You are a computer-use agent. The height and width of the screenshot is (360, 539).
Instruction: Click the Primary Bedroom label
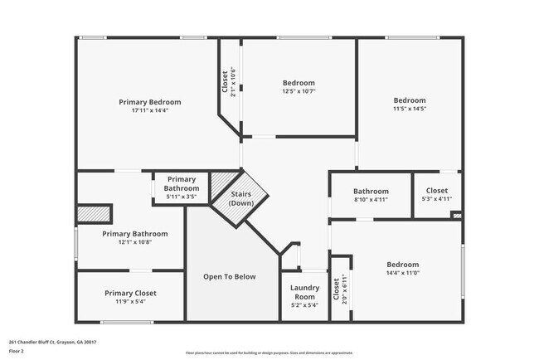(x=149, y=102)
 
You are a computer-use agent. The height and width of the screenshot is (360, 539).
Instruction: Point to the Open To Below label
(x=230, y=277)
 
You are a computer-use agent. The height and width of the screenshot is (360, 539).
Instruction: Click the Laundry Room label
(x=304, y=292)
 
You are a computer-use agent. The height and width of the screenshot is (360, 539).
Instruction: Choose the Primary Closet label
(x=130, y=293)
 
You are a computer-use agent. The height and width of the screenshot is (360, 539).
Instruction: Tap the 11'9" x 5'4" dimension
(x=130, y=302)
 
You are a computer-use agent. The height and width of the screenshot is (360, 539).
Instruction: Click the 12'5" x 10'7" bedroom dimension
(x=299, y=91)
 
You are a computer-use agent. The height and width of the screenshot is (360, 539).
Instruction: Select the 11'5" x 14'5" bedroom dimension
(x=409, y=109)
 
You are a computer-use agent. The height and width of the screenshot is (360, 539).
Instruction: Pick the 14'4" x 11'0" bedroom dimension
(x=402, y=273)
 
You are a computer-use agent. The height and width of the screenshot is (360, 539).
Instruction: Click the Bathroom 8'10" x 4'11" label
(x=371, y=192)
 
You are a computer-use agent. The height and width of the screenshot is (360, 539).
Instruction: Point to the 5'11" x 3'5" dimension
(x=181, y=196)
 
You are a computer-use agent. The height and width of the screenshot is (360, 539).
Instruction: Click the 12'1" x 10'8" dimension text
(x=134, y=242)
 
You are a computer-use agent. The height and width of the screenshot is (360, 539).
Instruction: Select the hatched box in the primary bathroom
(x=94, y=213)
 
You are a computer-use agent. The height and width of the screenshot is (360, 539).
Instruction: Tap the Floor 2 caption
(x=17, y=351)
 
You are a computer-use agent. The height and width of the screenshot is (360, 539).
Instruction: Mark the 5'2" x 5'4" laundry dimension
(x=304, y=305)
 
